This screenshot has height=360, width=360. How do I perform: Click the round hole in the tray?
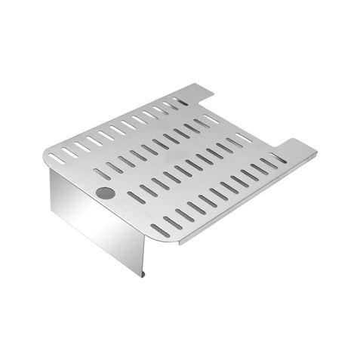(106, 193)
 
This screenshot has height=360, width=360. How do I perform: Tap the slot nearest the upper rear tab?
(181, 101)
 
